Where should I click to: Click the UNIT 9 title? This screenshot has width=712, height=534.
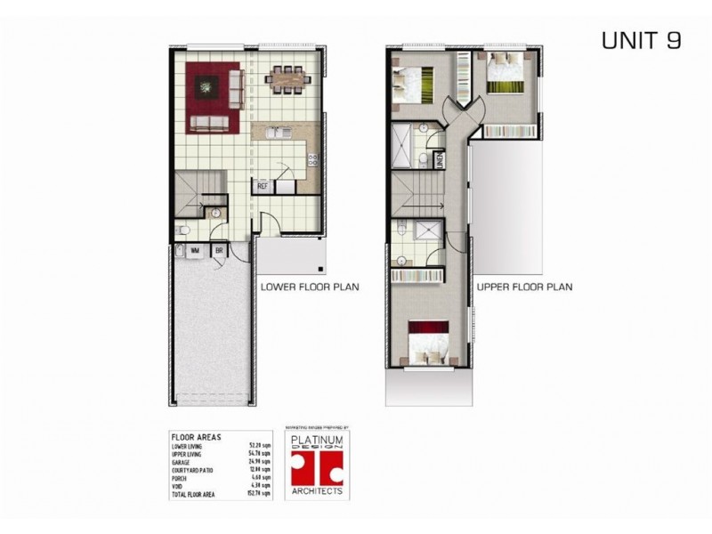[x=641, y=41]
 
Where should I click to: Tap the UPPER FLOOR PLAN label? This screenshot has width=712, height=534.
[x=524, y=287]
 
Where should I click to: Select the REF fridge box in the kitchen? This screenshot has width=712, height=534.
[x=263, y=187]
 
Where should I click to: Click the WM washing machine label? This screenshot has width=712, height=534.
[x=193, y=252]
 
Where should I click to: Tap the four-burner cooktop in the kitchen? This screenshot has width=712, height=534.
[x=313, y=161]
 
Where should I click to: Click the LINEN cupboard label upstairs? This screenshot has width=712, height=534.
[x=441, y=160]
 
